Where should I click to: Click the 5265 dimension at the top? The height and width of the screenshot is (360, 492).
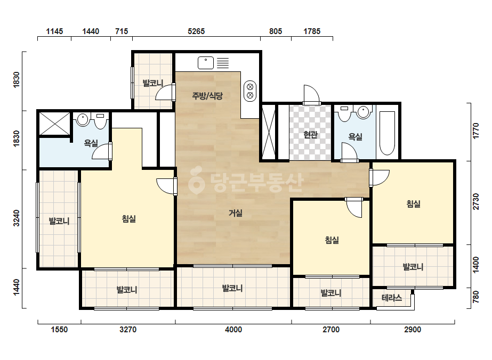pos(196,31)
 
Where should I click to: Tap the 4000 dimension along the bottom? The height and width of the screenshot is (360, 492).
pos(233,330)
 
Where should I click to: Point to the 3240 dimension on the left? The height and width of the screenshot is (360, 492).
pos(17,218)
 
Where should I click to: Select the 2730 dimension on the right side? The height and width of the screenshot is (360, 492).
pos(476,202)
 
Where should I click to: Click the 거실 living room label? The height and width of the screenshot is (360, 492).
pos(235,213)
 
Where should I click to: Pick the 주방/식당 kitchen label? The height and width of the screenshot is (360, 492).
pos(207,96)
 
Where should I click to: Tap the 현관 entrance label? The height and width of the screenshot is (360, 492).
pos(310,135)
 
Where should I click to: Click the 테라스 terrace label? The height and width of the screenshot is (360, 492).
pos(392,298)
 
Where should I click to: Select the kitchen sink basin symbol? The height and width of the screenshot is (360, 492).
pos(206,63)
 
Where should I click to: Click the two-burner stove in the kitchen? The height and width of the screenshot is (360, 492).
pos(250,91)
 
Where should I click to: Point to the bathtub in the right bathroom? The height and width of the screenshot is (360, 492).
pos(387,133)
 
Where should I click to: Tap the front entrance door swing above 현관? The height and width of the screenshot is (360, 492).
pos(311,94)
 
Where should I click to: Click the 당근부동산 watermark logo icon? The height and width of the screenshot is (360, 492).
pos(196,181)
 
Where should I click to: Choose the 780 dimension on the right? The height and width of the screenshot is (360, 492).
pos(476,297)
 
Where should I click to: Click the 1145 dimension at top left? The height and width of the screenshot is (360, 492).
pos(54,31)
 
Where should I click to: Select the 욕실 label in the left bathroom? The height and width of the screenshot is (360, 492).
pos(91,143)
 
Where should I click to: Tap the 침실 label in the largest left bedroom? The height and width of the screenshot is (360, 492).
pos(128,218)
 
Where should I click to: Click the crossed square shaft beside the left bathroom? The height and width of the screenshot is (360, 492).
pos(54,124)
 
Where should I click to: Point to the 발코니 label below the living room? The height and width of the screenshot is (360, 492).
pos(232,288)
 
